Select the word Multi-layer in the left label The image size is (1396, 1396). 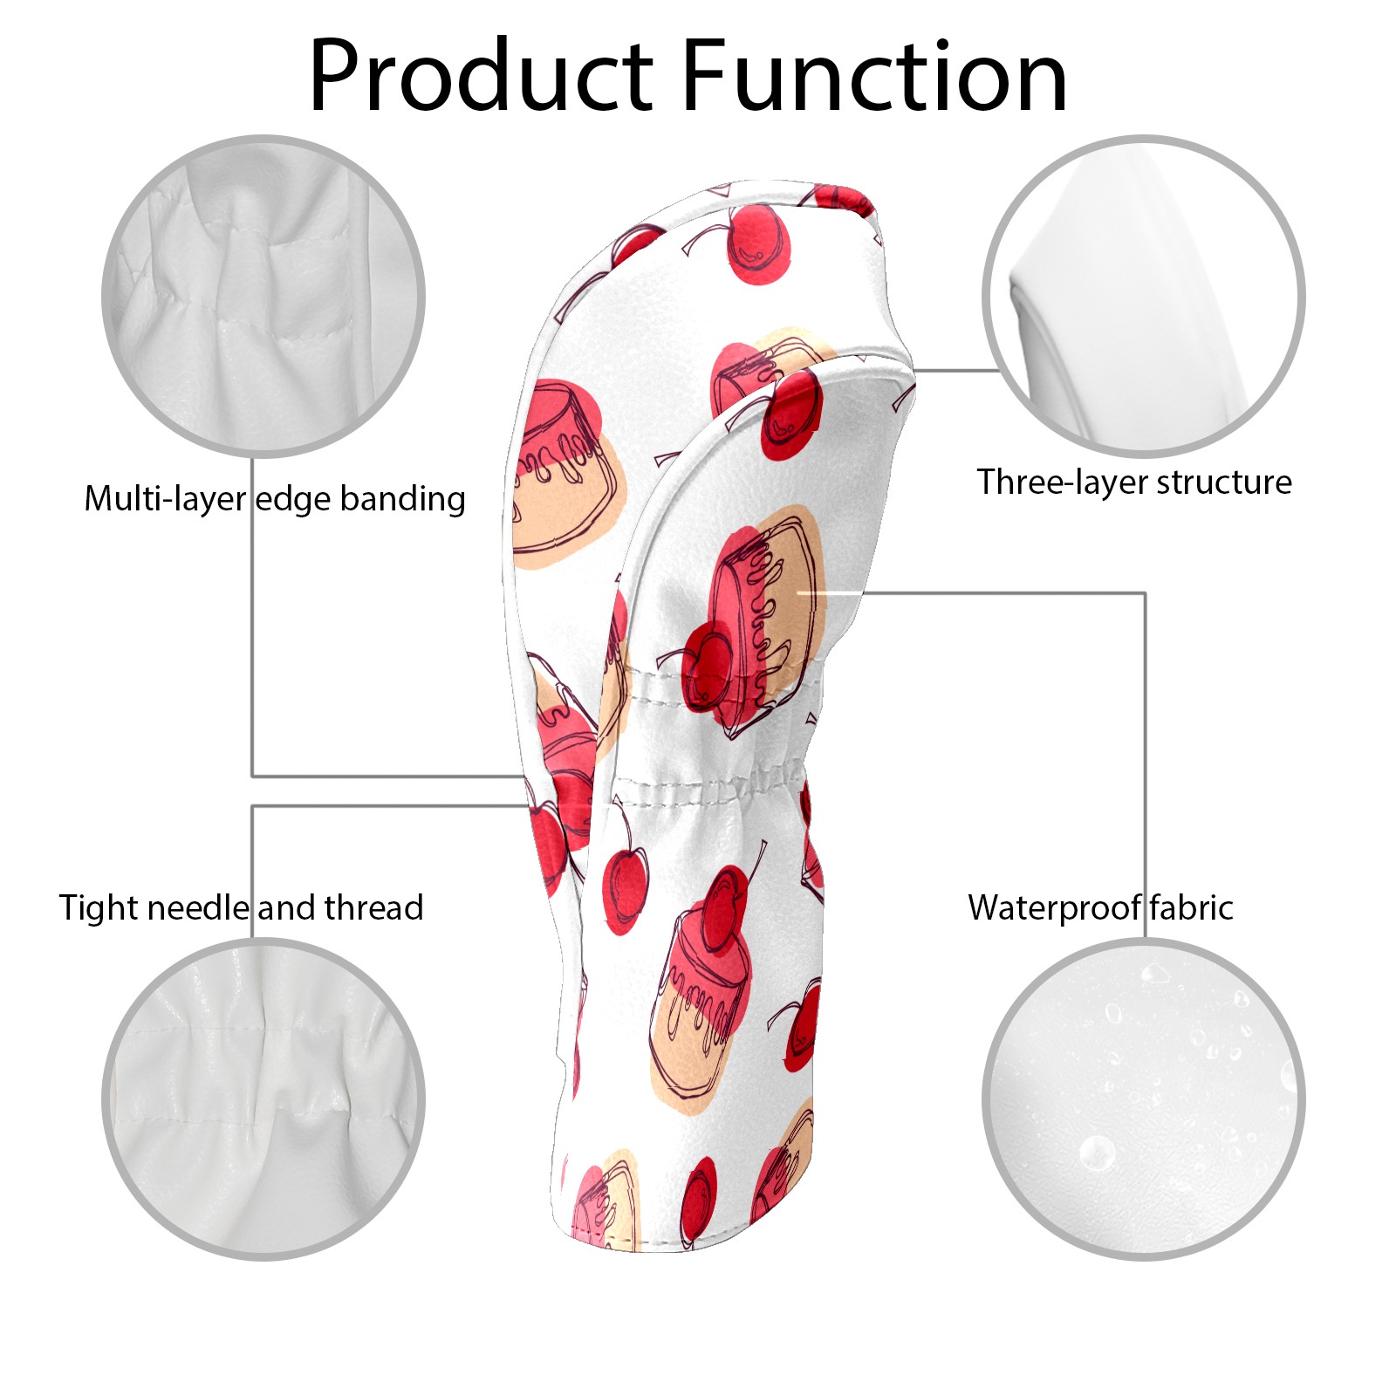(x=165, y=498)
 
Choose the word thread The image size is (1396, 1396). (x=373, y=907)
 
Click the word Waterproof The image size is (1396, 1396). (x=1054, y=908)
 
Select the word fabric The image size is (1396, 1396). (x=1191, y=907)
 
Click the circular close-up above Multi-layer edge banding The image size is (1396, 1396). (x=263, y=296)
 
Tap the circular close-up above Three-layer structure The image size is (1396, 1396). (x=1144, y=296)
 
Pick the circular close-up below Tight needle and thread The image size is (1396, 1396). (x=263, y=1099)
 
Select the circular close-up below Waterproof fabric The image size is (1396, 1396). (x=1144, y=1099)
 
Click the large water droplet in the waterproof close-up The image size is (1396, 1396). (x=1097, y=1153)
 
